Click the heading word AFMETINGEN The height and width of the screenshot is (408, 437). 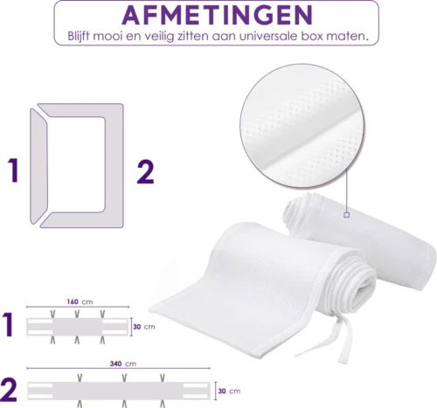[x=218, y=16]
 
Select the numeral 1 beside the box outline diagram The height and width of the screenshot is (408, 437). [x=12, y=169]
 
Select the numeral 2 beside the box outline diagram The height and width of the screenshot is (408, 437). [x=146, y=169]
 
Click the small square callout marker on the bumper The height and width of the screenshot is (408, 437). [x=346, y=213]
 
